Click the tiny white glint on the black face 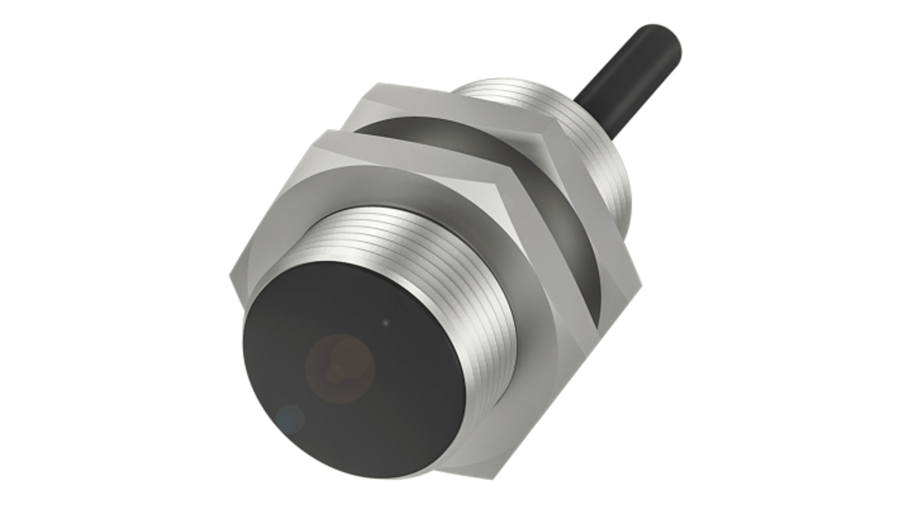pyautogui.click(x=385, y=323)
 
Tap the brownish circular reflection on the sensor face pyautogui.click(x=339, y=369)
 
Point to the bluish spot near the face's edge pyautogui.click(x=292, y=418)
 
